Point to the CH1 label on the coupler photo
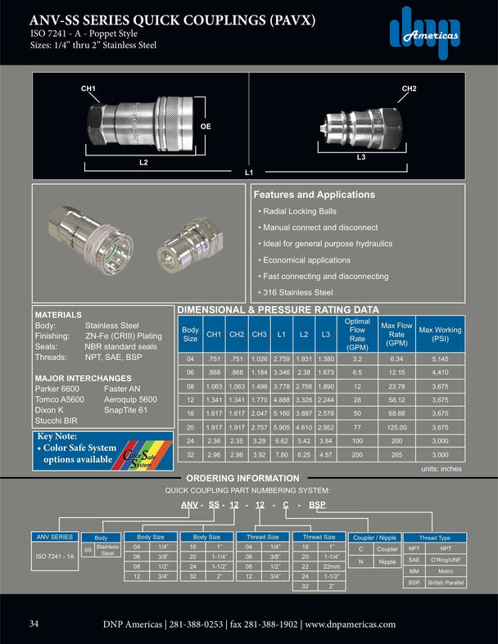tap(88, 88)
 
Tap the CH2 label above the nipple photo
tap(410, 88)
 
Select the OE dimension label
tap(206, 127)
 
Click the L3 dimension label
tap(361, 155)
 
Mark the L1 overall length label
tap(249, 173)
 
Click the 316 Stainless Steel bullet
tap(297, 292)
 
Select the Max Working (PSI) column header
tap(440, 335)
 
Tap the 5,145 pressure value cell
tap(440, 358)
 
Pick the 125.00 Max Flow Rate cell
tap(397, 427)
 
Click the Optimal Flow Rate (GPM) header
tap(357, 335)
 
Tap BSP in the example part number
tap(317, 506)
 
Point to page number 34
tap(34, 624)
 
